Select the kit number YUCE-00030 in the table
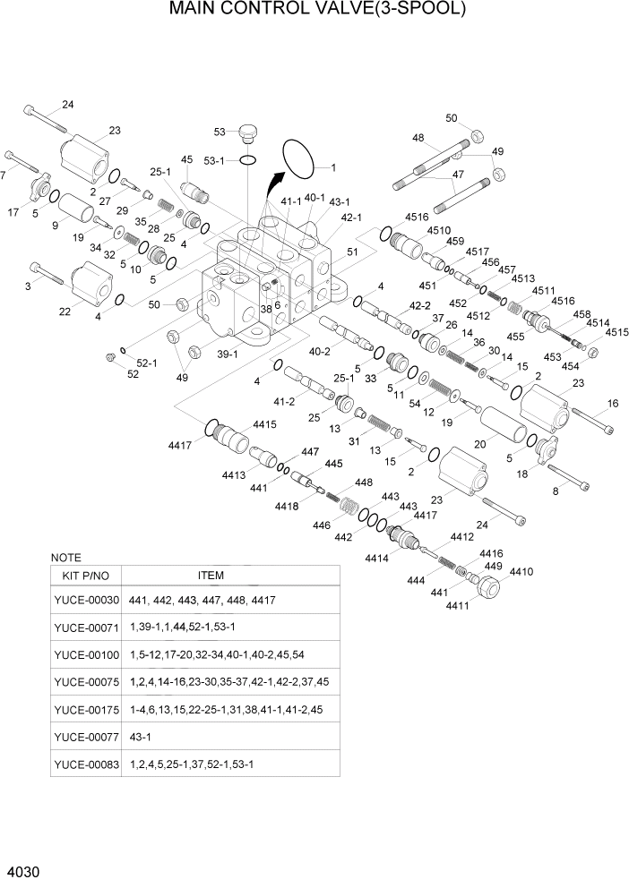pos(86,599)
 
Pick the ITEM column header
pos(211,575)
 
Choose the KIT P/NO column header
pos(86,575)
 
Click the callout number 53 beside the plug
pos(219,132)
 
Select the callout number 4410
pos(521,571)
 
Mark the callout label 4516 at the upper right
pos(417,217)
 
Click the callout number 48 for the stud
pos(418,138)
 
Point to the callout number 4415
pos(264,423)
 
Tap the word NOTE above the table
pos(66,557)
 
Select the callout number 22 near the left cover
pos(65,311)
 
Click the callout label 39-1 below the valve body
pos(227,354)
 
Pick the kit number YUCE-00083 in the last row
pos(86,764)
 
